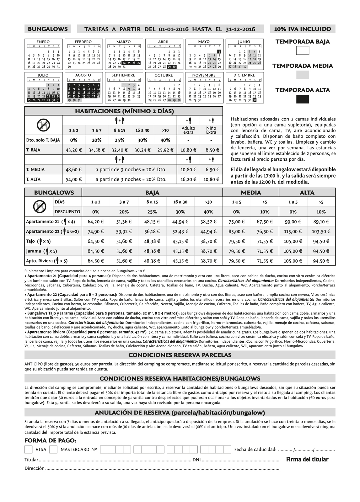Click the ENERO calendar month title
(43, 42)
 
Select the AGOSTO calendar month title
(83, 75)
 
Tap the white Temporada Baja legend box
(303, 51)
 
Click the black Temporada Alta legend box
(303, 99)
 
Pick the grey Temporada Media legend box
(303, 75)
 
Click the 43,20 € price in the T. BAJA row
(73, 150)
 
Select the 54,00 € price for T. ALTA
(73, 179)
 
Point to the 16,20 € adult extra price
(188, 179)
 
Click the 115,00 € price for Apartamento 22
(293, 232)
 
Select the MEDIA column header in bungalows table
(251, 193)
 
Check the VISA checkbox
(29, 449)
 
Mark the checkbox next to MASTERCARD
(53, 449)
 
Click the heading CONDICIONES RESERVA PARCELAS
(180, 355)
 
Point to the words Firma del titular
(307, 460)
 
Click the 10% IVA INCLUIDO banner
(302, 29)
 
